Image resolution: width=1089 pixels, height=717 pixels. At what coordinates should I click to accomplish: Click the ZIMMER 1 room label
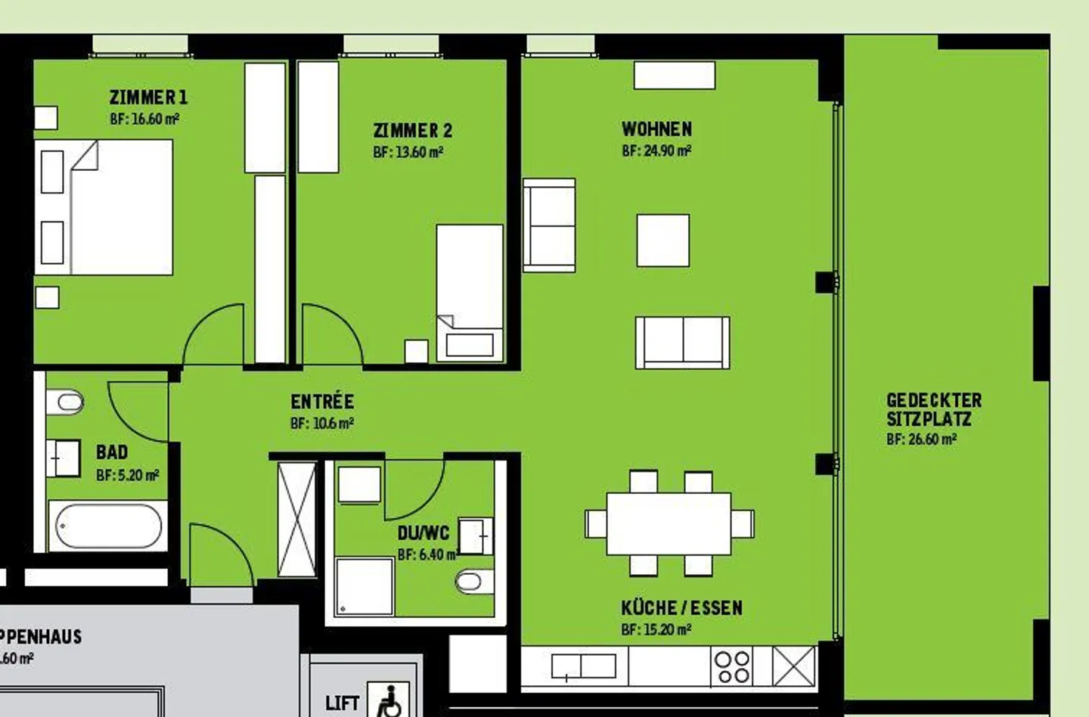pyautogui.click(x=148, y=97)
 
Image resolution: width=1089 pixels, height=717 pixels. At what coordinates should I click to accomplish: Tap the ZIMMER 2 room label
pyautogui.click(x=412, y=130)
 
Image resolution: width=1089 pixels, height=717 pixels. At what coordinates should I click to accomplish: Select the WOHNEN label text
pyautogui.click(x=656, y=129)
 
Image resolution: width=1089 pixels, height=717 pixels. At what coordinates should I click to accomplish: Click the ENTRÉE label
pyautogui.click(x=322, y=402)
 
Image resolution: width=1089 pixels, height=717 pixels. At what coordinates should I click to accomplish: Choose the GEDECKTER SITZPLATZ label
pyautogui.click(x=933, y=409)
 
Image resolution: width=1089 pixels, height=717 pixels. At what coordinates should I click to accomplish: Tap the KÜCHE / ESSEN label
pyautogui.click(x=681, y=608)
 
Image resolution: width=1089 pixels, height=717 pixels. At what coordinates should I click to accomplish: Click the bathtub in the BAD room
pyautogui.click(x=108, y=526)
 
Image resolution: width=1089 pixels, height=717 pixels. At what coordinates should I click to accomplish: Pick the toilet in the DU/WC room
pyautogui.click(x=472, y=582)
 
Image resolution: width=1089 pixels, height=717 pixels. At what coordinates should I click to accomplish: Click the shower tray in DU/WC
pyautogui.click(x=365, y=586)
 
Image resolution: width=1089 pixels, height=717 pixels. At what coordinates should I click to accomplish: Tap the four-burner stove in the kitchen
pyautogui.click(x=732, y=667)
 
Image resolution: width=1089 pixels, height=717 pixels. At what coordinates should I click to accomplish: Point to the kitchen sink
pyautogui.click(x=583, y=666)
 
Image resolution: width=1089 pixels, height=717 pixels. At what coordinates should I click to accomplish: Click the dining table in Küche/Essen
pyautogui.click(x=669, y=523)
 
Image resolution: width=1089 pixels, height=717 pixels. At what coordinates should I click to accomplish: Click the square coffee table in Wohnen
pyautogui.click(x=662, y=241)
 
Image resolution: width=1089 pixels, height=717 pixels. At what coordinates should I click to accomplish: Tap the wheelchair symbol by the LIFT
pyautogui.click(x=389, y=700)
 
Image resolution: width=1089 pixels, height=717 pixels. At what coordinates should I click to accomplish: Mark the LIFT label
pyautogui.click(x=342, y=703)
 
